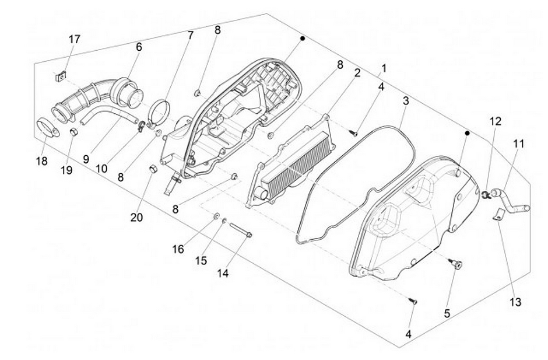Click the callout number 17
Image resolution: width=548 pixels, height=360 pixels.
74,40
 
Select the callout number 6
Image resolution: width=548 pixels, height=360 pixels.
139,47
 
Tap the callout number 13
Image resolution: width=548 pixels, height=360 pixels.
515,302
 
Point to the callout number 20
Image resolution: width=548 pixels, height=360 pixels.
136,217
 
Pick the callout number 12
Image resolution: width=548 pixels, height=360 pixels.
495,121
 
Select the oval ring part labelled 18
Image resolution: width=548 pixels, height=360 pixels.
48,127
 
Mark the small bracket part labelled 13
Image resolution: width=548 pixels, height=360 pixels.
498,213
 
